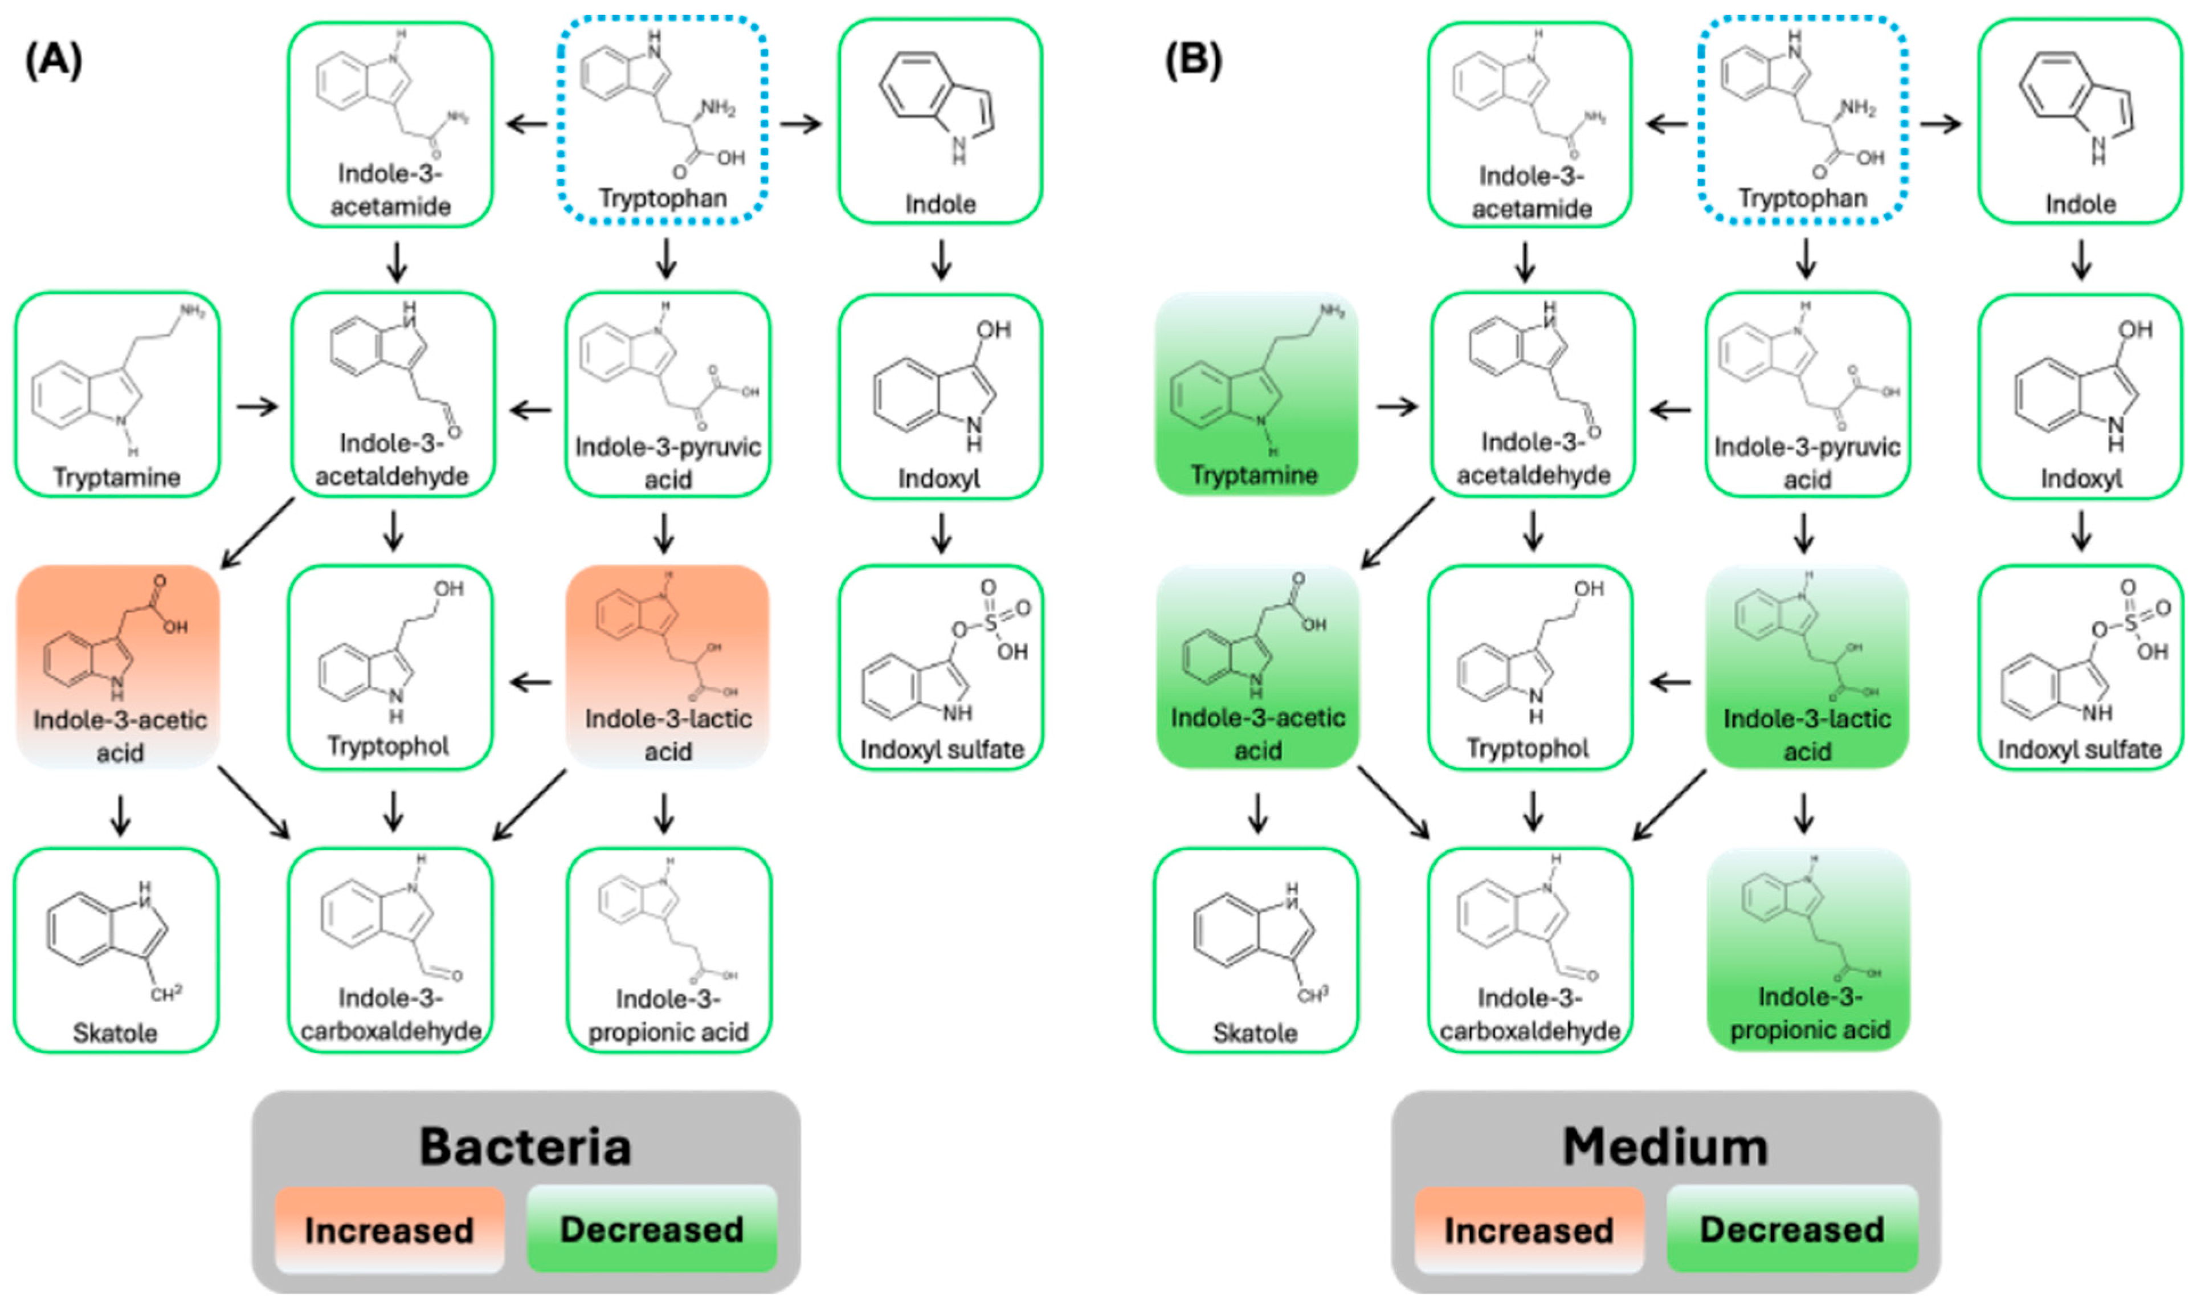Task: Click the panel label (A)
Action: click(54, 61)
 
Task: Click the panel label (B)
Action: click(1193, 61)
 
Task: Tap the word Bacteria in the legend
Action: click(525, 1146)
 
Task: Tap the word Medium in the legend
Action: click(1665, 1146)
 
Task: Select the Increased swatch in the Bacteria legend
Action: click(389, 1230)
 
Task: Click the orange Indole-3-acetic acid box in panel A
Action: click(118, 666)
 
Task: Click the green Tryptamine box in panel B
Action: click(1256, 393)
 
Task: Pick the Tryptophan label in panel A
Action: click(663, 198)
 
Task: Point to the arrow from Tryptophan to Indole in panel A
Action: click(801, 124)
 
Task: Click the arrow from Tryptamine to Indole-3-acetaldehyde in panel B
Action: click(1397, 407)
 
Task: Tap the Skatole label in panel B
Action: click(1255, 1032)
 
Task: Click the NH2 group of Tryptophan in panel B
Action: click(1857, 108)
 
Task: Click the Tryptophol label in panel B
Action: click(1528, 748)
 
